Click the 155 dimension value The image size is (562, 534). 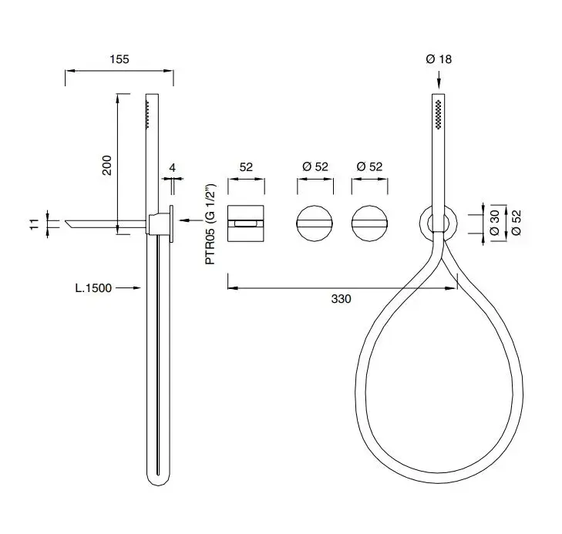point(119,59)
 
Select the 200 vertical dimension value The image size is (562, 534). point(107,165)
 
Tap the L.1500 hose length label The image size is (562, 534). point(93,288)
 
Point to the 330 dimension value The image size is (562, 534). point(341,299)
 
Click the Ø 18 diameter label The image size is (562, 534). point(439,59)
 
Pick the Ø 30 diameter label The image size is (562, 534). point(494,223)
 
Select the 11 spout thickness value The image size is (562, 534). point(34,224)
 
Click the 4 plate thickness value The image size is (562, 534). point(173,168)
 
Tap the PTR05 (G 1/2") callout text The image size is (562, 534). point(210,224)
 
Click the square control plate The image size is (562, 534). point(246,223)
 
